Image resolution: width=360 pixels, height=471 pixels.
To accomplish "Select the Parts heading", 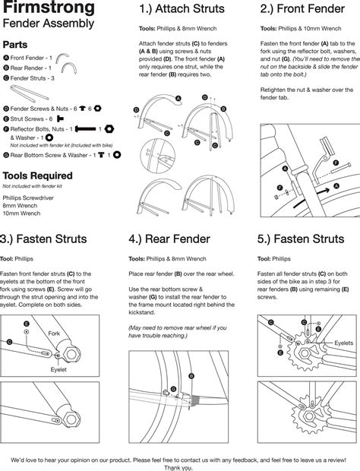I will coord(17,45).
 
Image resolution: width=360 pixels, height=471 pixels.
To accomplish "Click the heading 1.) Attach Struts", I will coord(182,9).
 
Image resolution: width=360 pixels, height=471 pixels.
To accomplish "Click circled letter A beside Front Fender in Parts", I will coord(7,58).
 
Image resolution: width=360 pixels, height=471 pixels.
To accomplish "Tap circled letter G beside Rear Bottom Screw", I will coord(7,155).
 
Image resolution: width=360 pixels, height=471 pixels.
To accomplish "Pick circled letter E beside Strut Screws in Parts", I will coord(7,119).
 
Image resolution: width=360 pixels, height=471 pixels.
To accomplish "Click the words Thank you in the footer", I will coord(180,466).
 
